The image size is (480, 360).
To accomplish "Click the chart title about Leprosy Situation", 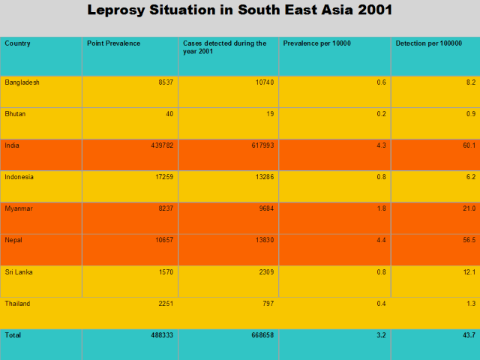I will (239, 10).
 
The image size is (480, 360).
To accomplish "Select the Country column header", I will (18, 43).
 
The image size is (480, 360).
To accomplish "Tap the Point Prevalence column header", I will (113, 43).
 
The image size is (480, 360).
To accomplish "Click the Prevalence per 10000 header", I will (316, 43).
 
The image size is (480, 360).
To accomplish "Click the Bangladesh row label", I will (22, 82).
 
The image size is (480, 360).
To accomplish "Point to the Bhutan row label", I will (16, 113).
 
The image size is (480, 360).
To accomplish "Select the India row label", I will (12, 145).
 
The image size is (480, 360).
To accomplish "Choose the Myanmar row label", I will (19, 208).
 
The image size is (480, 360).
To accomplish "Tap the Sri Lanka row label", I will (19, 271).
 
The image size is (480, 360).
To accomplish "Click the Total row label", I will (13, 335).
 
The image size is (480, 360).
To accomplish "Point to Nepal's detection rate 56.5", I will (469, 240).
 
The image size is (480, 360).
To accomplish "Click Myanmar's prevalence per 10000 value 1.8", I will (381, 208).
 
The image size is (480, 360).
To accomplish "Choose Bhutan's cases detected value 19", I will (269, 113).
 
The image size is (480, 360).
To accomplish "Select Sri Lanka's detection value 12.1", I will (469, 271).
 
